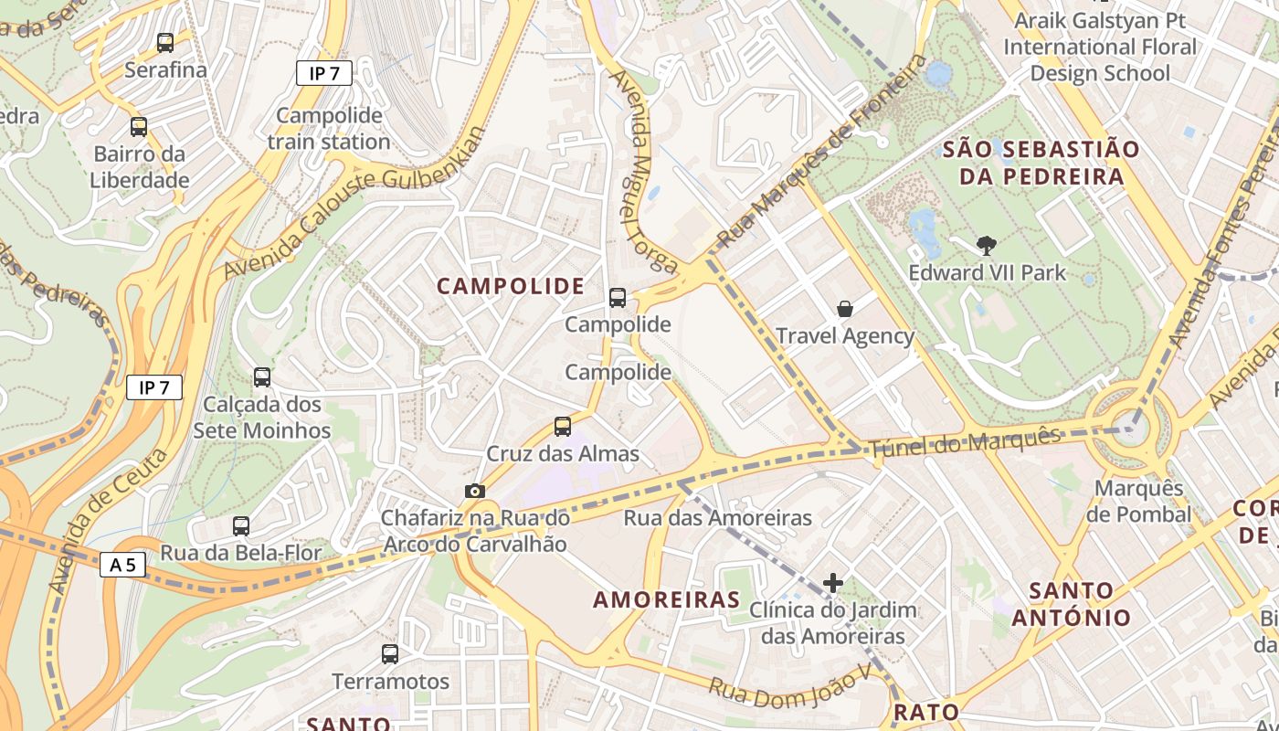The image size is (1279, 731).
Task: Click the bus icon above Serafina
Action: [x=165, y=42]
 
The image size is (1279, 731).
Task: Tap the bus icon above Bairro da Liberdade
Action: [x=139, y=127]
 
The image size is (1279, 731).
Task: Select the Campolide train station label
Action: [x=329, y=129]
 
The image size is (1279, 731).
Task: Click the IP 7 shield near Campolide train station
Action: [x=324, y=73]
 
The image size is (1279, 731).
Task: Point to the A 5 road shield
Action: [x=122, y=565]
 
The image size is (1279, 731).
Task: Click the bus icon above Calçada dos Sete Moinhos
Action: [x=262, y=376]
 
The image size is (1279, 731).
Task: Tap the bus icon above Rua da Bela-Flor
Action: [x=241, y=525]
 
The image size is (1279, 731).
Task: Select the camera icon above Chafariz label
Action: [x=474, y=491]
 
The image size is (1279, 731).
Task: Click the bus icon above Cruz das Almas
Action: [x=563, y=426]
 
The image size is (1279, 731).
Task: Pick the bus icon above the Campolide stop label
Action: [x=618, y=297]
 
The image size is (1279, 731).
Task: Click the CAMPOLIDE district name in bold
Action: [x=511, y=286]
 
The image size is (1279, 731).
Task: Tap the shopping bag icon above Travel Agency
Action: [x=845, y=309]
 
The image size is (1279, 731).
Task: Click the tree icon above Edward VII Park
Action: [x=986, y=245]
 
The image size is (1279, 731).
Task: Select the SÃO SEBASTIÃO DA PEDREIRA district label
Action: [x=1041, y=163]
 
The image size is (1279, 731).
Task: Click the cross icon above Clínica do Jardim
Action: [x=832, y=582]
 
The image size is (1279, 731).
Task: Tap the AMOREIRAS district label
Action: [x=666, y=599]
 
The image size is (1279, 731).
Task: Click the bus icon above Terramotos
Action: [x=390, y=653]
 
